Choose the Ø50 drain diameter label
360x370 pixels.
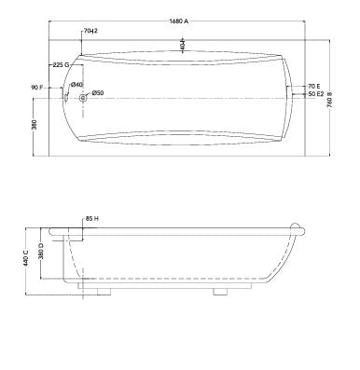tap(99, 92)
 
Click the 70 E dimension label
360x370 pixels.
tap(313, 85)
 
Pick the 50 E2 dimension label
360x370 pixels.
tap(315, 93)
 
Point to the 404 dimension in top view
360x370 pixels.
tap(183, 44)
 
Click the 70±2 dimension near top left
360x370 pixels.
tap(91, 31)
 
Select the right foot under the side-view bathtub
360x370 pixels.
tap(221, 292)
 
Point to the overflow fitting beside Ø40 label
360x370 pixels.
tap(67, 91)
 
